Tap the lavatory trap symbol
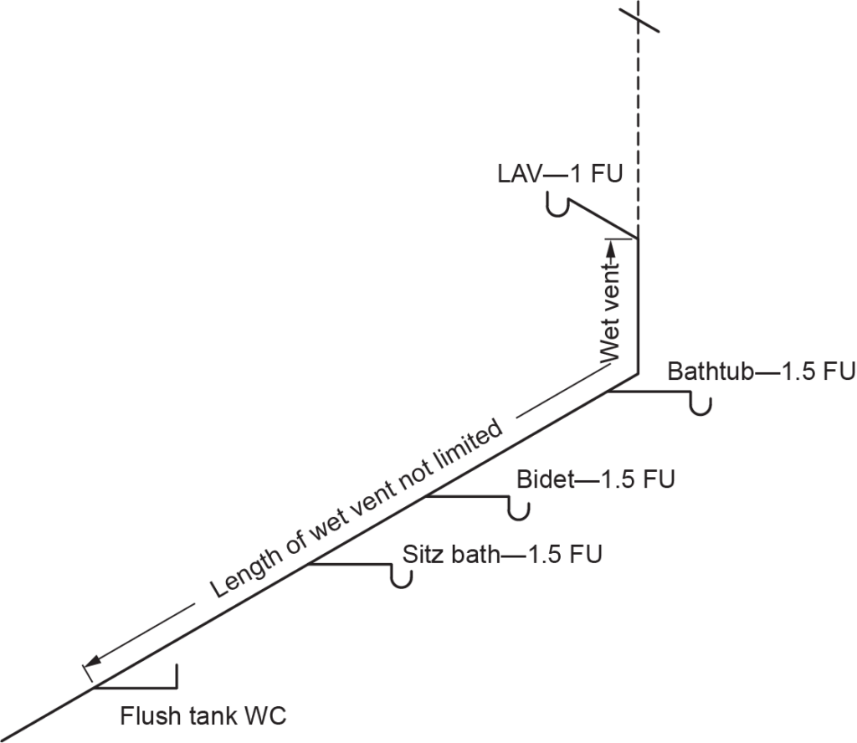pyautogui.click(x=558, y=204)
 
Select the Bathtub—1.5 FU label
pyautogui.click(x=761, y=372)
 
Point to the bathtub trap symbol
pyautogui.click(x=701, y=404)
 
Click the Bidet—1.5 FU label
pyautogui.click(x=595, y=480)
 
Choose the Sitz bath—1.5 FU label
pyautogui.click(x=501, y=555)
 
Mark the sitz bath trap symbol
pyautogui.click(x=402, y=576)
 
